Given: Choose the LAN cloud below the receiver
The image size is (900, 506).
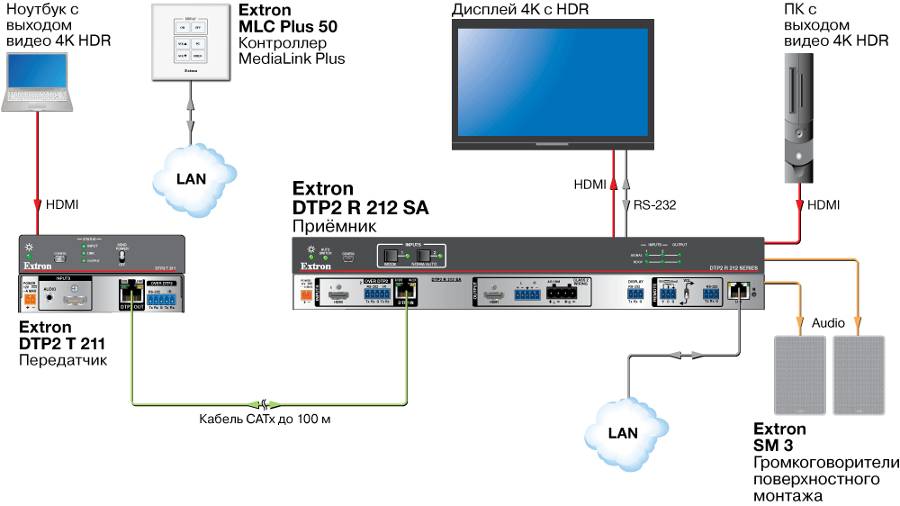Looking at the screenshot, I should click(624, 429).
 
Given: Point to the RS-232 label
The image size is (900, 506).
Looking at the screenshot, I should click(655, 205).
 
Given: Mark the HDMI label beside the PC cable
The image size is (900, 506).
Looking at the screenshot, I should click(823, 205).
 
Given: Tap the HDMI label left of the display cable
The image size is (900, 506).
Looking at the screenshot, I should click(590, 185).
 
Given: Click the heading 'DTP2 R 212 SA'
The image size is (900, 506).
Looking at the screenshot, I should click(360, 208).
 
